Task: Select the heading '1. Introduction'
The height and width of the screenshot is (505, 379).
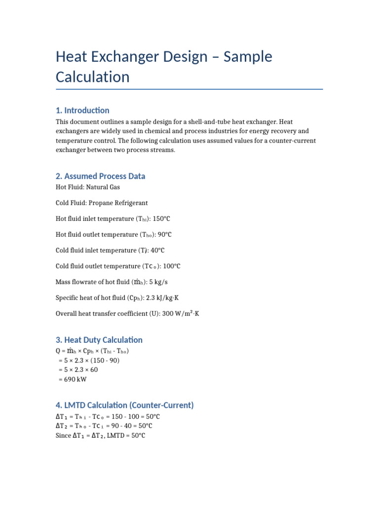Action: (x=82, y=110)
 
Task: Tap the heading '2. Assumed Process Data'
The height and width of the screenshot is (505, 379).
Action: (x=100, y=176)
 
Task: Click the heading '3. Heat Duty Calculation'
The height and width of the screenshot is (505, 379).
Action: (x=99, y=340)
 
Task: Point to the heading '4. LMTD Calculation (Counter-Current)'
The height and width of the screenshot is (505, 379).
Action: (x=124, y=405)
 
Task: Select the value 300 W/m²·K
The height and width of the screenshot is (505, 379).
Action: (x=181, y=314)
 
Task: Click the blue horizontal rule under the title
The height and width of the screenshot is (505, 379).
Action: (x=189, y=89)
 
